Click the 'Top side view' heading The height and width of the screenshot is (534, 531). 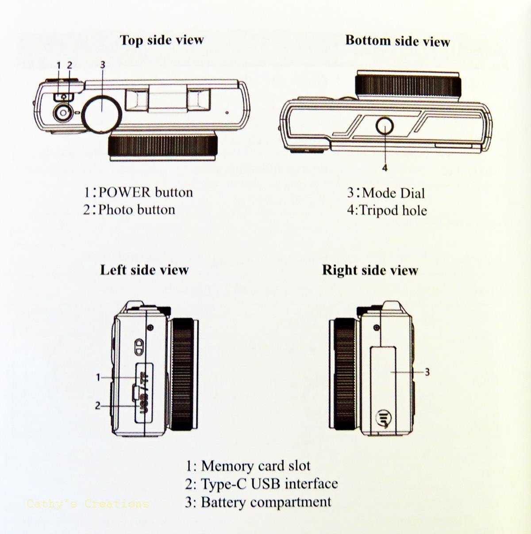coord(162,40)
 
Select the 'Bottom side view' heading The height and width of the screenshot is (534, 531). coord(397,41)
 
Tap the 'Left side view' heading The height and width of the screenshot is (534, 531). coord(144,270)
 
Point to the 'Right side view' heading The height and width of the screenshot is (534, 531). coord(370,270)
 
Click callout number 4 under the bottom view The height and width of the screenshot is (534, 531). coord(385,168)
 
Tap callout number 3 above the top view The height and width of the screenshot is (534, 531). coord(103,65)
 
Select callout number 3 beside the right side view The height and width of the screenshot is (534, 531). coord(427,372)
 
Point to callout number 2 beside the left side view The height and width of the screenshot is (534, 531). coord(98,405)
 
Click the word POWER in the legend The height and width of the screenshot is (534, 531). coord(125,192)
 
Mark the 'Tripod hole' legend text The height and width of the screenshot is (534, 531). coord(393,210)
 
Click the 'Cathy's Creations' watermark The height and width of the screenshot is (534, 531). coord(88,503)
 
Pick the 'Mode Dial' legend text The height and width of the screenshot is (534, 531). coord(393,193)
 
